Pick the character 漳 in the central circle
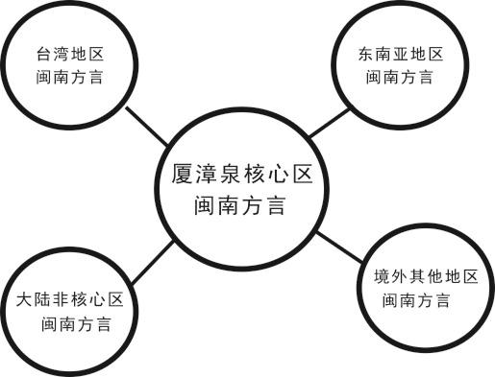click(197, 177)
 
